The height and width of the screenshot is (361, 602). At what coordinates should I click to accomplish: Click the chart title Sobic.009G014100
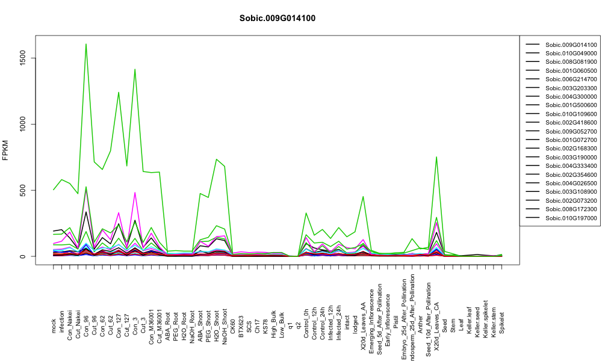[277, 19]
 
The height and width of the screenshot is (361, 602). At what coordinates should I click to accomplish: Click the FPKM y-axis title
[5, 150]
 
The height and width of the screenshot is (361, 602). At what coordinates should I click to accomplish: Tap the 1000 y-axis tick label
[23, 124]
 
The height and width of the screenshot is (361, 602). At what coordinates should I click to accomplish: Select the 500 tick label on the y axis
[23, 190]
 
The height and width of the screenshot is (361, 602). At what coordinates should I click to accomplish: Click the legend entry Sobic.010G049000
[571, 54]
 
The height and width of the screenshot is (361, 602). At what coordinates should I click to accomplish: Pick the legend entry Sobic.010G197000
[571, 218]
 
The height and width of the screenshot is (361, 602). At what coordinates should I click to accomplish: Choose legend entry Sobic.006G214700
[571, 79]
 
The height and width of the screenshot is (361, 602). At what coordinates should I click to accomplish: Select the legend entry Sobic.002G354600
[571, 174]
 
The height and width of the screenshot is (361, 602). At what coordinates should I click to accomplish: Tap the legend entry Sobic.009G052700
[571, 131]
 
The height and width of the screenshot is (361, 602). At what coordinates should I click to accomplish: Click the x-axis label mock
[54, 326]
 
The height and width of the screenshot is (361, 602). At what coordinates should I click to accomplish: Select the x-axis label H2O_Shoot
[217, 321]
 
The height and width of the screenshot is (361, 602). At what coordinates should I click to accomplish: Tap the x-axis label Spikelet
[502, 322]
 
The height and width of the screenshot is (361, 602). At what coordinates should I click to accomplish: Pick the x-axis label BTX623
[241, 327]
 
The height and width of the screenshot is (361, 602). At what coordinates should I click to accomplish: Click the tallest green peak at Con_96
[86, 44]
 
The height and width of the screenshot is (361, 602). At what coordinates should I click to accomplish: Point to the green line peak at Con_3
[135, 69]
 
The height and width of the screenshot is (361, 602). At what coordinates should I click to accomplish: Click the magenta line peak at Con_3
[135, 193]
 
